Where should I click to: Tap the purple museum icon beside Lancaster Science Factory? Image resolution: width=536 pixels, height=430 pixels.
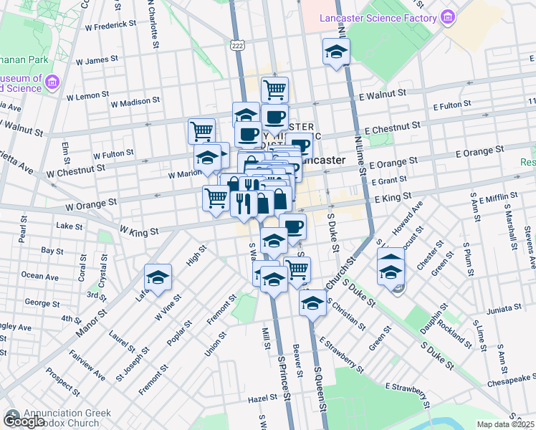449,17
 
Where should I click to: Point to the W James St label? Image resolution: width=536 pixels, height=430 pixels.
105,61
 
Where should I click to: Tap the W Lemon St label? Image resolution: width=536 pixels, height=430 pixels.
87,95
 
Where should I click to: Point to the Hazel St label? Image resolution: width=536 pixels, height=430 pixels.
262,397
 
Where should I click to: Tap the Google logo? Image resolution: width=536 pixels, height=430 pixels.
24,422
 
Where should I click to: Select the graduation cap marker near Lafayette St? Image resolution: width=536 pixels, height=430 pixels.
158,277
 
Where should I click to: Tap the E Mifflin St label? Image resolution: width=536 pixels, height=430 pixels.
499,196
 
